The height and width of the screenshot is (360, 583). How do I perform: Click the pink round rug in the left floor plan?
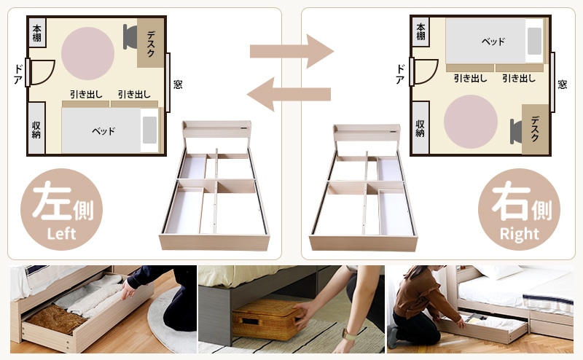point(87,53)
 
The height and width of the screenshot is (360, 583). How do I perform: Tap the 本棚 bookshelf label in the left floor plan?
point(37,33)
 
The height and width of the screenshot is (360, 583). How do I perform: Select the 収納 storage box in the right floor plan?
point(420,128)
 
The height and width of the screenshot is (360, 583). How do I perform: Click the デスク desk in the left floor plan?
point(151,43)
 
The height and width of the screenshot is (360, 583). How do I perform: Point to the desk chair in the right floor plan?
point(516,131)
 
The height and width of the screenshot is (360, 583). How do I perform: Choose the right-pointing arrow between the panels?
point(291,51)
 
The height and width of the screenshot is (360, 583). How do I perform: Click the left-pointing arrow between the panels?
point(289,94)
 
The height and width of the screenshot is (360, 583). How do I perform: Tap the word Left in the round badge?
point(61,233)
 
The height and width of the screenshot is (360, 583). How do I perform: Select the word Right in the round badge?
point(519,234)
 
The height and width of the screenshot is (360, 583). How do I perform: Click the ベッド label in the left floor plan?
point(103,131)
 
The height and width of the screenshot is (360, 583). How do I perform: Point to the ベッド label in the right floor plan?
point(493,42)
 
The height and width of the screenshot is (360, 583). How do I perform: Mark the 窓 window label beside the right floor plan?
point(562,85)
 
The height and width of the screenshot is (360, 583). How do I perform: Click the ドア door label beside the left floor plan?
point(17,74)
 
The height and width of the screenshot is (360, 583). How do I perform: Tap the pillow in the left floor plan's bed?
point(149,130)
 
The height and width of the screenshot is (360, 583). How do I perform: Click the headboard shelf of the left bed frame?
point(216,130)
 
